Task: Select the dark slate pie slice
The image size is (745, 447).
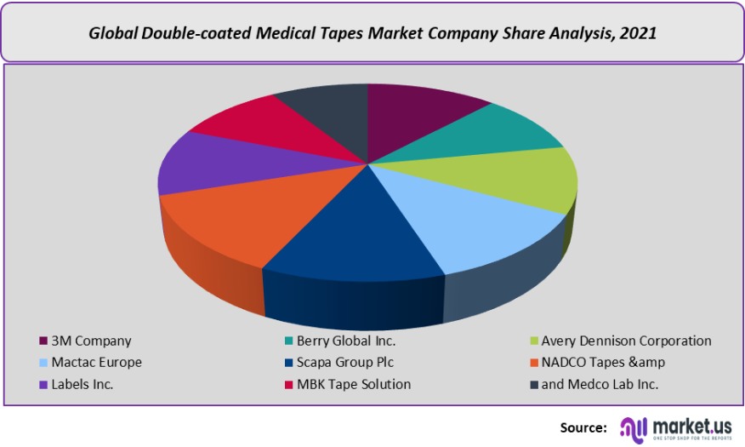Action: click(x=327, y=111)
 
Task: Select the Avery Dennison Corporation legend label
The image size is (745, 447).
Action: click(x=626, y=341)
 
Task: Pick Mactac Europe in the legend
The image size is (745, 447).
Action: click(x=96, y=362)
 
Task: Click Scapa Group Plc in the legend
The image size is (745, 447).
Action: click(x=345, y=362)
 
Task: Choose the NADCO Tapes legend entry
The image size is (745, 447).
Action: click(x=603, y=362)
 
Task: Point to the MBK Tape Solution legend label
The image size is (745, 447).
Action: click(x=354, y=384)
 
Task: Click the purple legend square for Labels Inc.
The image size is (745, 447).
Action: click(x=43, y=385)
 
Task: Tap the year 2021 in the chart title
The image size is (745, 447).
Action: click(x=639, y=34)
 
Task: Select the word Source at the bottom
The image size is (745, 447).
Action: click(x=583, y=427)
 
